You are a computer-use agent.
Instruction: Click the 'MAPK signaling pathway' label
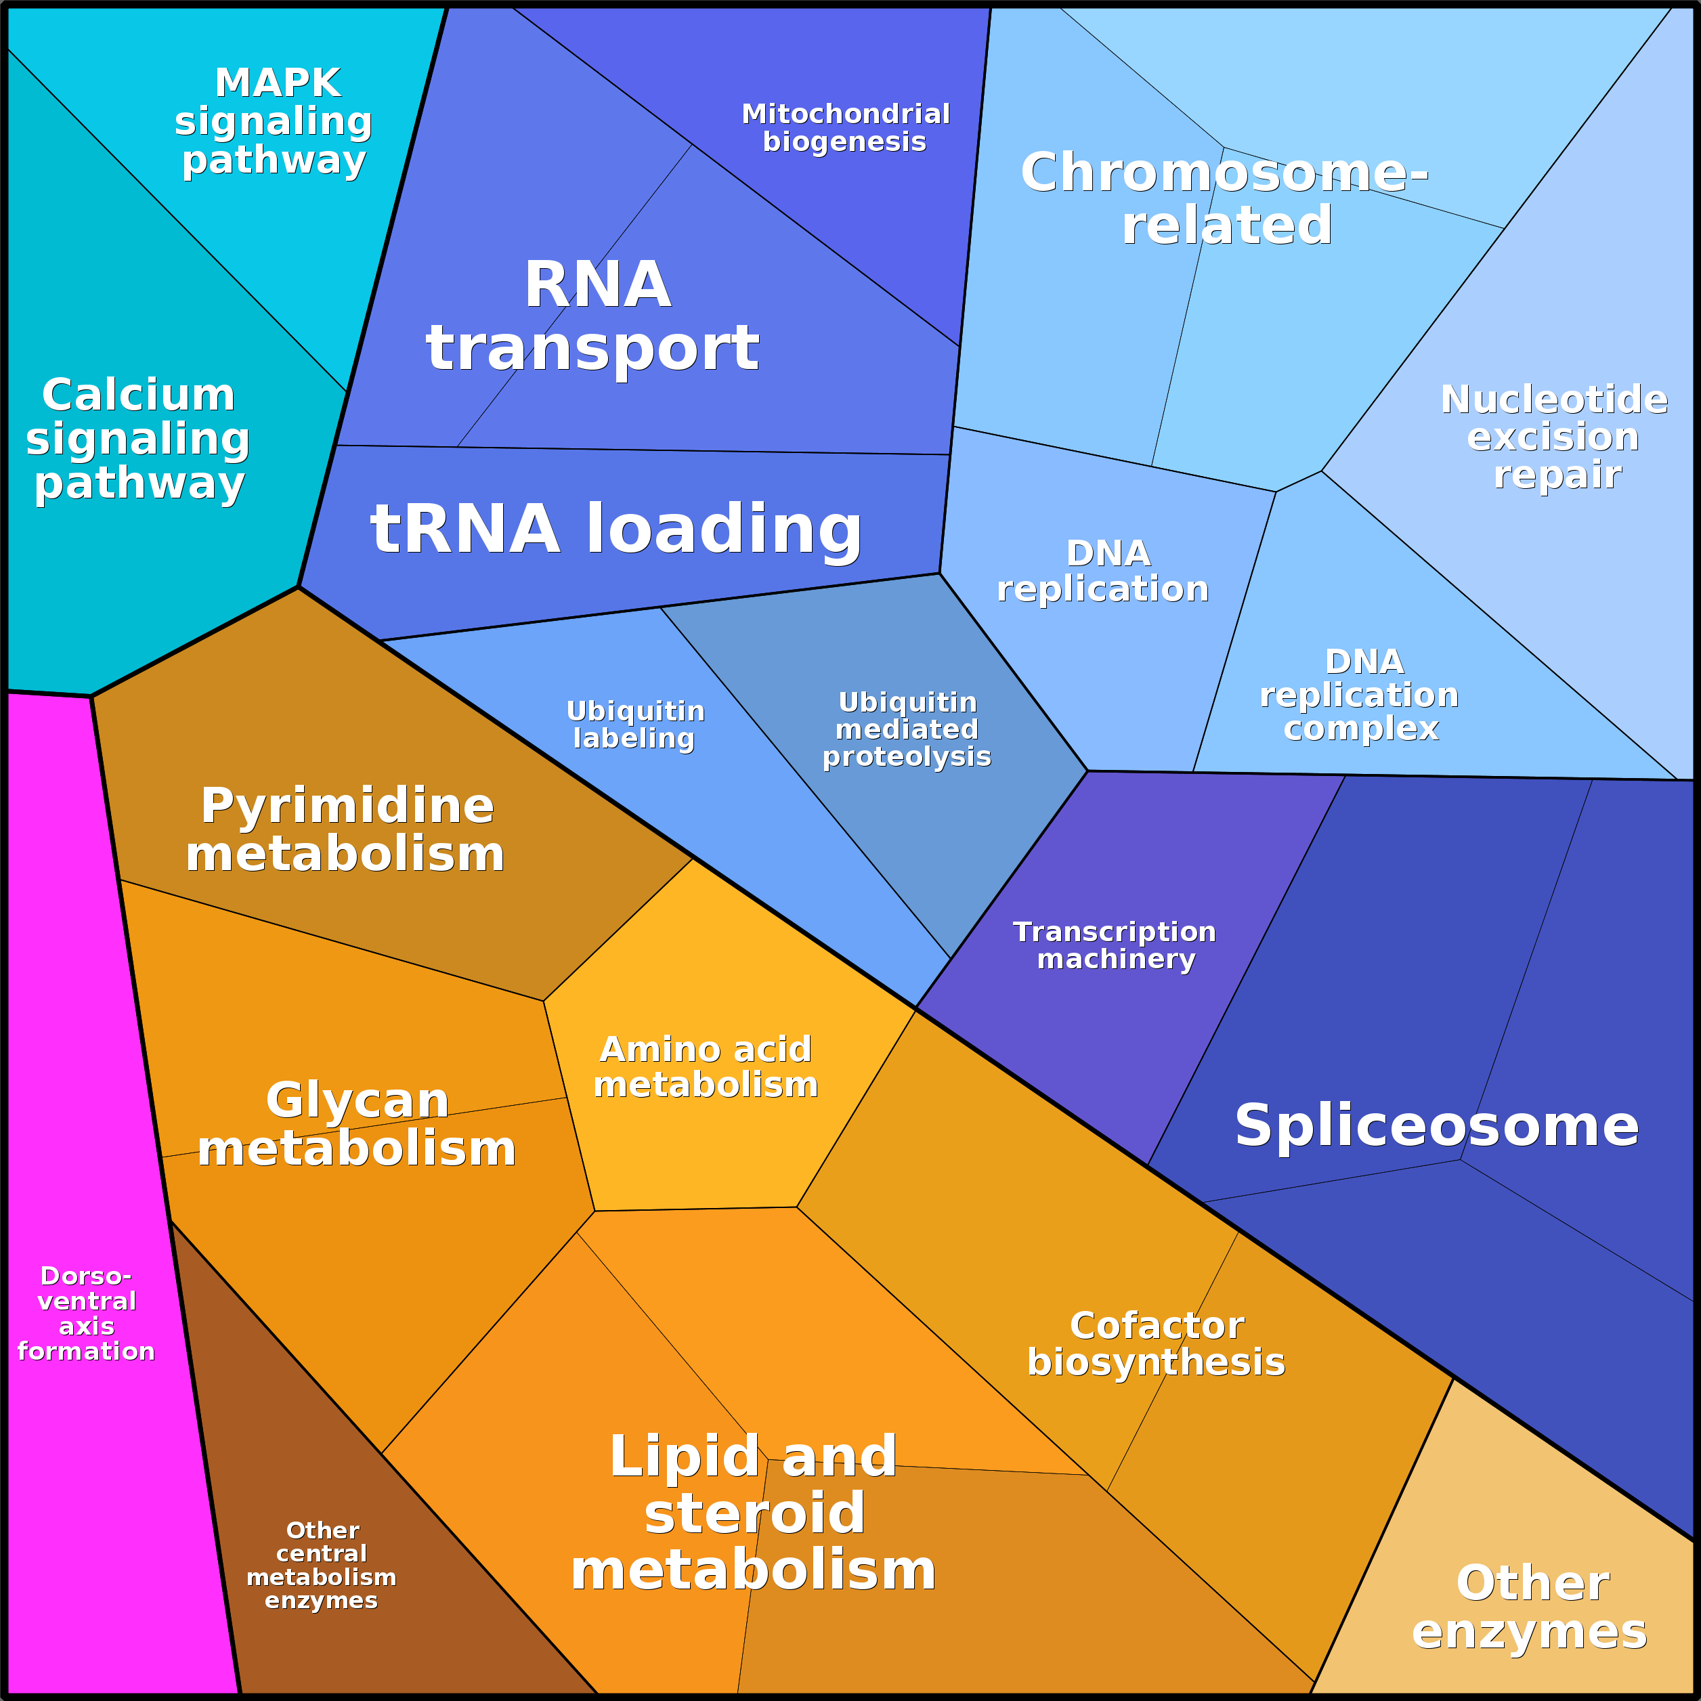pos(275,121)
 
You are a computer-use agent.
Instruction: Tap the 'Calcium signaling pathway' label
pos(138,439)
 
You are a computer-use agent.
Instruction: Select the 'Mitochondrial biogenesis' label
pos(845,128)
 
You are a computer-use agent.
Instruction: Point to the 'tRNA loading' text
pos(616,529)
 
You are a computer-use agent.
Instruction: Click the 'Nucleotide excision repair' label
pos(1555,437)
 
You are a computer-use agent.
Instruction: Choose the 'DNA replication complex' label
pos(1360,695)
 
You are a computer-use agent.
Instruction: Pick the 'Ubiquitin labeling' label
pos(634,724)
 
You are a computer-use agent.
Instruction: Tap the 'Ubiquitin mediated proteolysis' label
pos(907,729)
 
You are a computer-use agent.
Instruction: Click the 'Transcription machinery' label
pos(1115,945)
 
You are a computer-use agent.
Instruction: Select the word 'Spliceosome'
pos(1437,1125)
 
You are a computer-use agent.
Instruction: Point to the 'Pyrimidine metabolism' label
pos(346,830)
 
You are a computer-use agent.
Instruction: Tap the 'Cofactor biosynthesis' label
pos(1156,1343)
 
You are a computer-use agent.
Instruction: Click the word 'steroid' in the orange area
pos(754,1513)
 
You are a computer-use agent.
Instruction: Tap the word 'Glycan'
pos(358,1100)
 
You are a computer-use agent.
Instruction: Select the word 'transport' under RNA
pos(593,348)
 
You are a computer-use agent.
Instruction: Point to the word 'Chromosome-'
pos(1224,173)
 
